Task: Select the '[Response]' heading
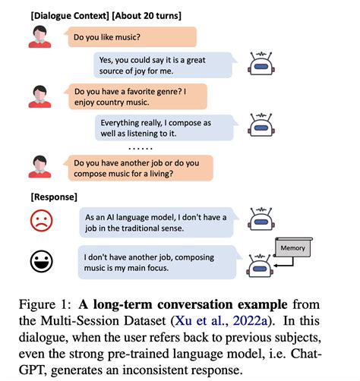point(53,197)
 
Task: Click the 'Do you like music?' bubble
point(131,37)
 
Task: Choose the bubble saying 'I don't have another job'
point(155,262)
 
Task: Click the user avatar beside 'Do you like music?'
point(39,37)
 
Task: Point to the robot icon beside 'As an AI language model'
point(261,219)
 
